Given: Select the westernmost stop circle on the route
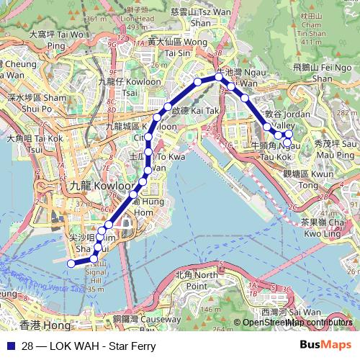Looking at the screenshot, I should point(71,264).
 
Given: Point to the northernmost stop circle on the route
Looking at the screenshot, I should point(219,76).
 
